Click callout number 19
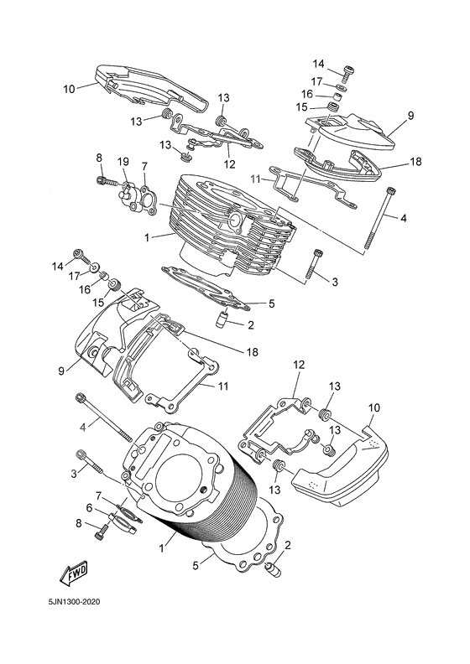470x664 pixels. (x=123, y=161)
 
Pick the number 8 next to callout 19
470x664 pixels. (x=99, y=158)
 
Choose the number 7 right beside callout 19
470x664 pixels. (x=144, y=166)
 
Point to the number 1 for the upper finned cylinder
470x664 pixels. (x=148, y=238)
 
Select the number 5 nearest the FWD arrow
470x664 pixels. (x=196, y=566)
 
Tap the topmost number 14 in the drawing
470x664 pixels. (x=318, y=64)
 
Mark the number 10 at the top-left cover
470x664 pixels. (x=69, y=86)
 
